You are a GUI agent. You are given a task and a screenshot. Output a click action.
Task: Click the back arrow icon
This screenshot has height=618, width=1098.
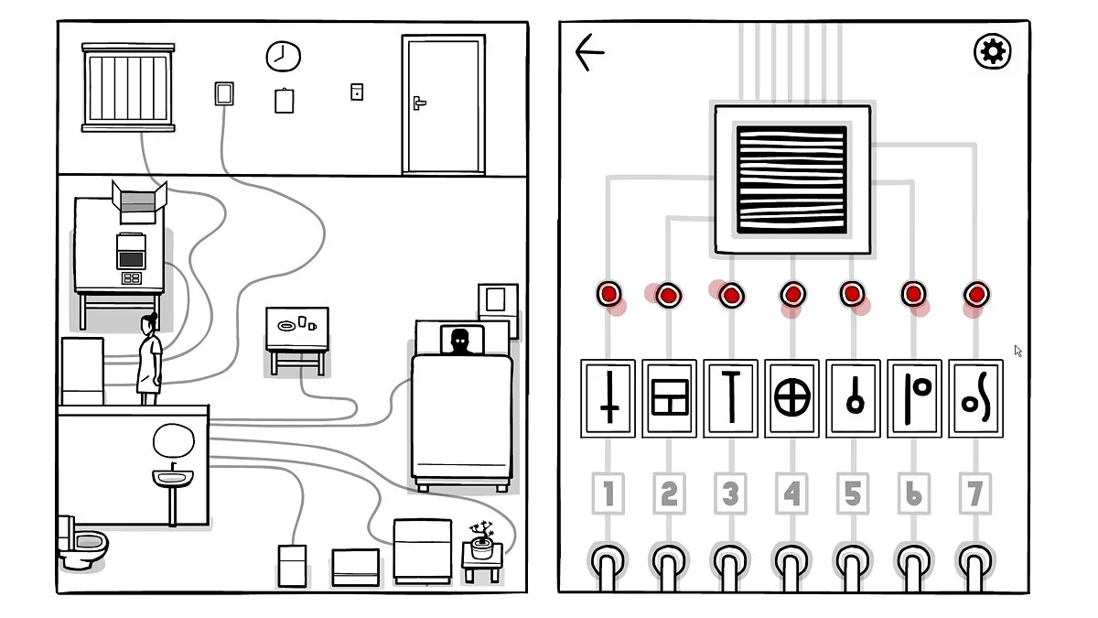(x=590, y=52)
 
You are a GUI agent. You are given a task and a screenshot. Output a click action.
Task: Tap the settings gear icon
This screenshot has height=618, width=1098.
(x=992, y=51)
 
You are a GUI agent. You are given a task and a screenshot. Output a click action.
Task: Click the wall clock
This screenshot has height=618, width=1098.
(x=283, y=57)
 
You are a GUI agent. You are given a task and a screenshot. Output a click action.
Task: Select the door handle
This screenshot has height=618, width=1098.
(x=419, y=103)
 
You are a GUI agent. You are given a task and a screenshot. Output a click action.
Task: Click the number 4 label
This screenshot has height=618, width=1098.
(x=791, y=494)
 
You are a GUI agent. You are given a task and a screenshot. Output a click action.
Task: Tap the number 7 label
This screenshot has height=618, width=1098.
(x=975, y=494)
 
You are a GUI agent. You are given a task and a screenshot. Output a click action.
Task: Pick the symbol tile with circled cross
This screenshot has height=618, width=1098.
(x=792, y=399)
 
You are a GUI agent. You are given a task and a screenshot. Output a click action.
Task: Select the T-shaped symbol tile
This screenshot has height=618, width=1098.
(x=730, y=399)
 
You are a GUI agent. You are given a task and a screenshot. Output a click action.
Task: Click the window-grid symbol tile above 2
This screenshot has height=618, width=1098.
(x=669, y=399)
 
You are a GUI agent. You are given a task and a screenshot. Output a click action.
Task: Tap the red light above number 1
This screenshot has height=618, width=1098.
(x=608, y=294)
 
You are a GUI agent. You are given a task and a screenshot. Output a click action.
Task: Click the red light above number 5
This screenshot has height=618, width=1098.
(x=853, y=294)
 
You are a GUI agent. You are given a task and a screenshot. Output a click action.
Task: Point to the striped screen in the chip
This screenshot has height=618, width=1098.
(x=791, y=179)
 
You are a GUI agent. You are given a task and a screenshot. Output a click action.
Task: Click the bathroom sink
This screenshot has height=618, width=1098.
(x=173, y=478)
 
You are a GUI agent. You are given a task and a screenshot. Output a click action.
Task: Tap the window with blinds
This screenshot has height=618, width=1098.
(x=128, y=87)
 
